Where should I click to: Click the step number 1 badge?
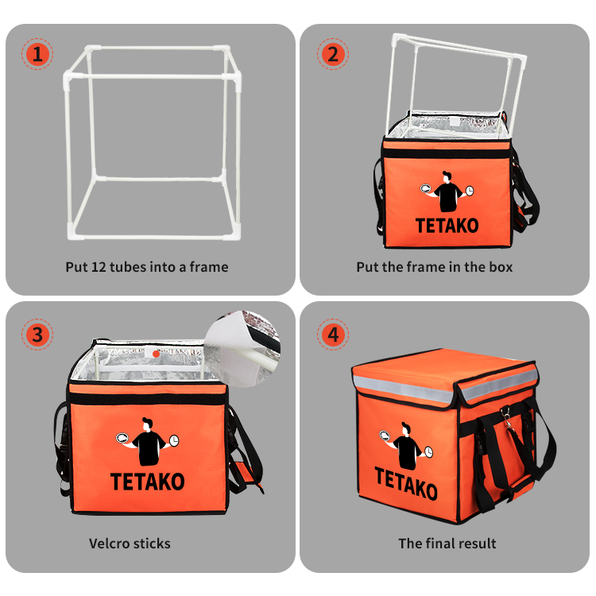tap(37, 54)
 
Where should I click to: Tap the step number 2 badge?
tap(333, 54)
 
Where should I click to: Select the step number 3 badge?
tap(37, 335)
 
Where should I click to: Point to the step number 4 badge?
tap(333, 335)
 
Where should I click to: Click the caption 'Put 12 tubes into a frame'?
tap(147, 267)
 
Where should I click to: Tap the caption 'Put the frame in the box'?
tap(435, 267)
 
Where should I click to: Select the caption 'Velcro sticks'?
tap(130, 544)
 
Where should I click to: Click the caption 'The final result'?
tap(447, 544)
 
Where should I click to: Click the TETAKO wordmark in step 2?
tap(447, 226)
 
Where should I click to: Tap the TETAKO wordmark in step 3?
tap(148, 482)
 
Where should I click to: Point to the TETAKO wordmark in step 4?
tap(406, 483)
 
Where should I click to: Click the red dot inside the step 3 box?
tap(156, 354)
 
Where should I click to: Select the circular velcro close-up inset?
tap(242, 349)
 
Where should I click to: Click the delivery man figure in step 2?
tap(447, 192)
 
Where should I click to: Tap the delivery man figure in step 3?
tap(148, 442)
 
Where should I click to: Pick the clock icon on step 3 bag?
tap(174, 440)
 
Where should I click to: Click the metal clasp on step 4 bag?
tap(507, 419)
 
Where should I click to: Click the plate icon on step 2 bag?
tap(426, 188)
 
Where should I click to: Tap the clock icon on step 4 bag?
tap(428, 452)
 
